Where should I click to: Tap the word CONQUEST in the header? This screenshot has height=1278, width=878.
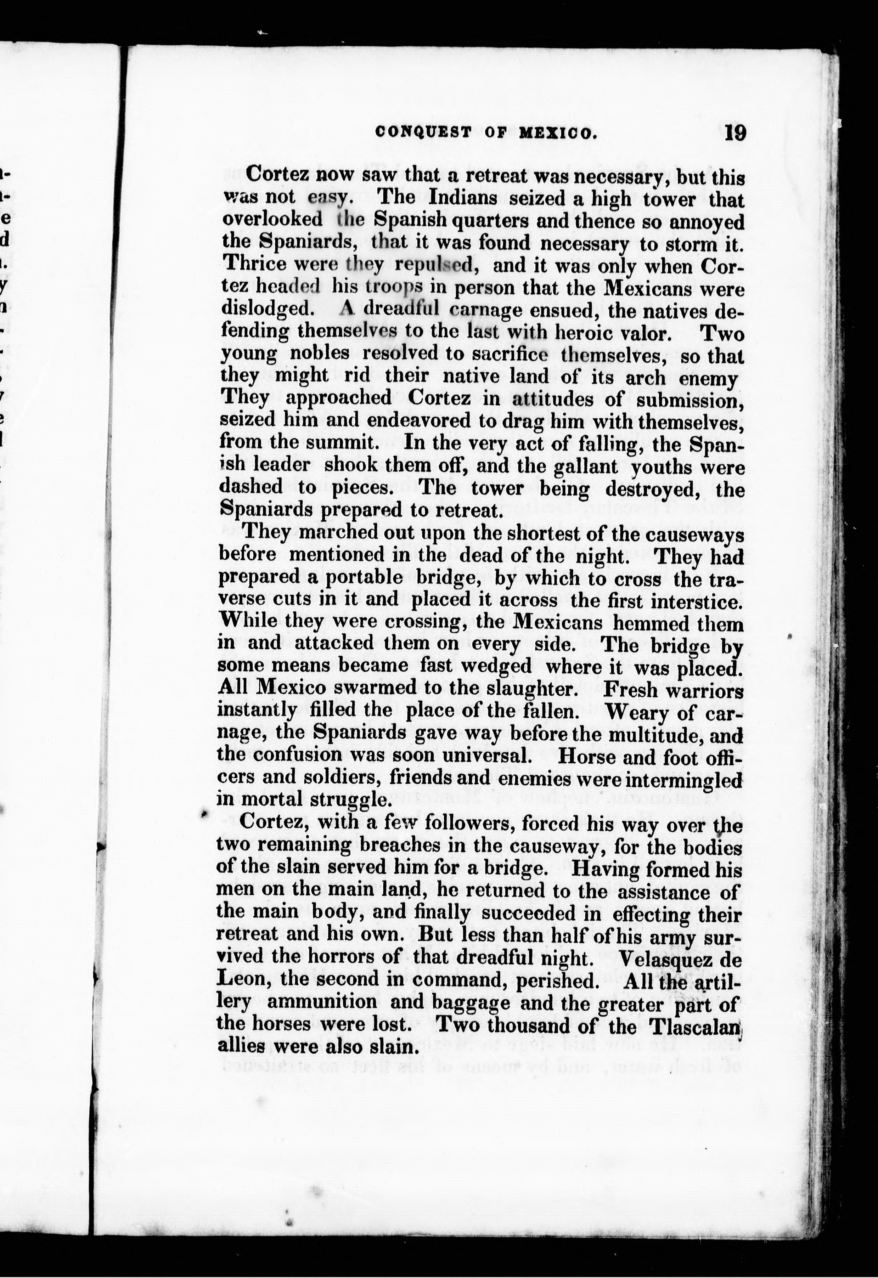[x=423, y=133]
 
